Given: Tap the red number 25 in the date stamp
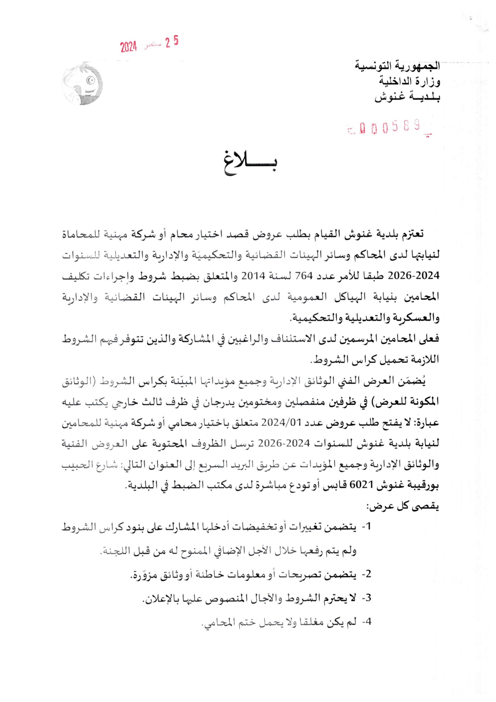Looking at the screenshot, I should [172, 42].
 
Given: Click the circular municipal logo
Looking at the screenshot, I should [82, 84].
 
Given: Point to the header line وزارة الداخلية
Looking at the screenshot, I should [409, 81].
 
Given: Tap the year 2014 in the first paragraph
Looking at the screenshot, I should [252, 276].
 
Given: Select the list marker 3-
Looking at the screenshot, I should [366, 598].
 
